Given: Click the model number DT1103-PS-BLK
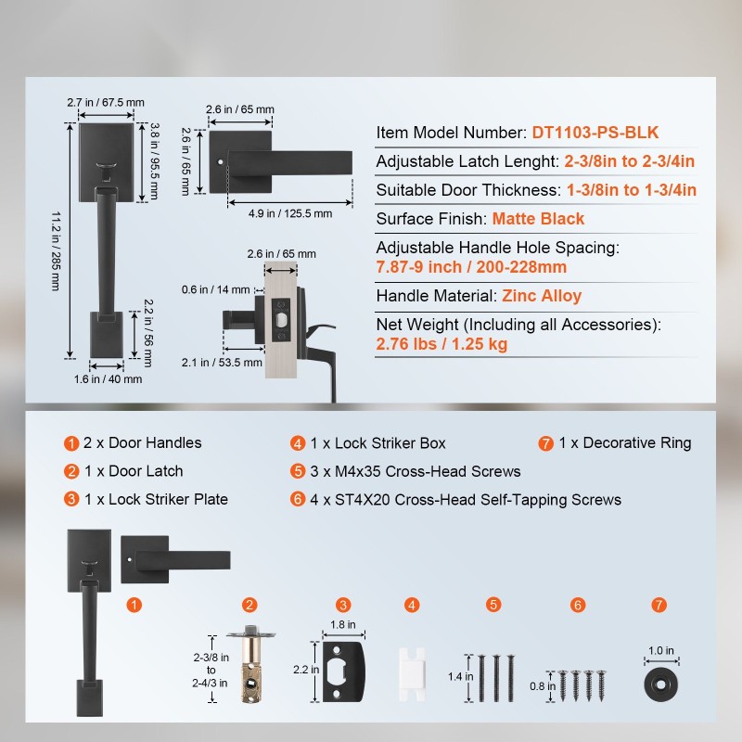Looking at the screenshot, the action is [x=595, y=133].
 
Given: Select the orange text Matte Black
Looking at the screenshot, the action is [x=538, y=219].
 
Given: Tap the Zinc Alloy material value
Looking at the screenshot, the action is [x=542, y=296].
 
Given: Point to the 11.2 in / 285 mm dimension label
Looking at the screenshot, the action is [x=56, y=250].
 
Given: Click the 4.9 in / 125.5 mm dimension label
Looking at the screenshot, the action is [x=290, y=213].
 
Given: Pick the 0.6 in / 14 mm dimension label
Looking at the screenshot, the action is [x=215, y=289].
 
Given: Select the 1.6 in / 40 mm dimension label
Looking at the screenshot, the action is [x=108, y=379].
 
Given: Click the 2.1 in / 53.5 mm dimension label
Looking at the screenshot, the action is [x=222, y=363].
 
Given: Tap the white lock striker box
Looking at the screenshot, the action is [x=412, y=674].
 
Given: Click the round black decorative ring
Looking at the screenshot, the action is [x=660, y=684].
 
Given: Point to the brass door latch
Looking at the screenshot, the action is [x=251, y=664].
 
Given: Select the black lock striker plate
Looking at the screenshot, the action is [x=344, y=672].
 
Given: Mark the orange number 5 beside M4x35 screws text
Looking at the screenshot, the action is [x=298, y=471].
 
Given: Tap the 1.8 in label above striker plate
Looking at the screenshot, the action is [x=343, y=624].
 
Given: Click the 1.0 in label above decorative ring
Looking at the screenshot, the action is [x=661, y=651].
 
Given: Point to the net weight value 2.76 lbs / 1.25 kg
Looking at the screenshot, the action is [x=441, y=344].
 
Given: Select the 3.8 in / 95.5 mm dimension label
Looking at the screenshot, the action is [x=154, y=161].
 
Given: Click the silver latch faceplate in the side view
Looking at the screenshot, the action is [x=281, y=326].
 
